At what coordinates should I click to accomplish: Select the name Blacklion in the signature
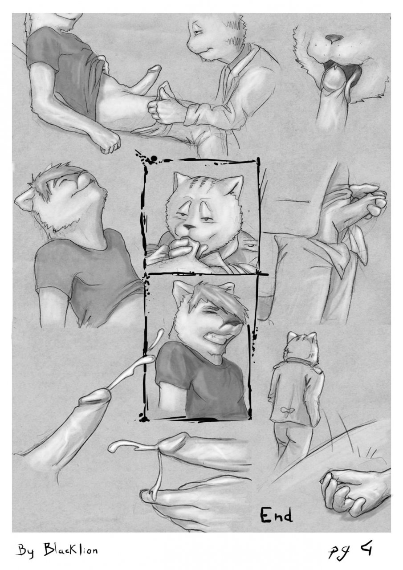coord(70,549)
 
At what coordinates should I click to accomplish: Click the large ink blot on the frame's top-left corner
coord(154,159)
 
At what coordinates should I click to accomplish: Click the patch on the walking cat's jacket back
coord(288,410)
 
